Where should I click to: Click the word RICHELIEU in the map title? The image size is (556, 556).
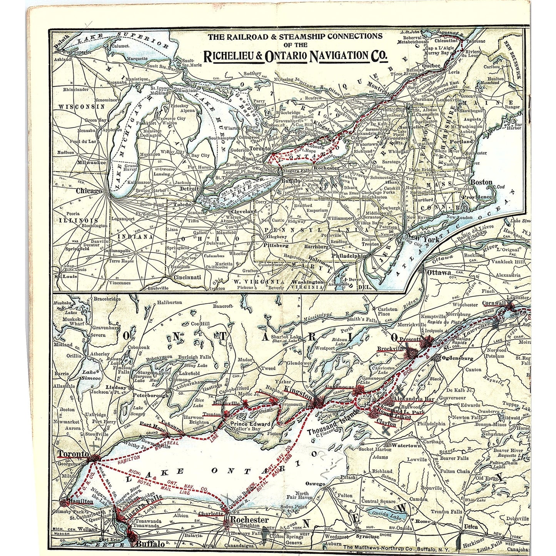tap(232, 56)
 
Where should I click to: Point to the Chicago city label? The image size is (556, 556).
tap(88, 191)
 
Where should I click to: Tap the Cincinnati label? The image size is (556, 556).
tap(187, 277)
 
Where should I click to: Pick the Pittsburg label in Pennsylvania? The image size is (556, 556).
tap(276, 245)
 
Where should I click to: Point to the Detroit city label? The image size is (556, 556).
tap(189, 189)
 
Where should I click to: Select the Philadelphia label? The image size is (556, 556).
tap(349, 255)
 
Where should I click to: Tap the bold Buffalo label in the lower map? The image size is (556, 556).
tap(150, 544)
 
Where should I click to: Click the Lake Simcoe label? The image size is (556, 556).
tap(91, 375)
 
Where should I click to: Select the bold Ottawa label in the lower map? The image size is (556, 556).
tap(439, 272)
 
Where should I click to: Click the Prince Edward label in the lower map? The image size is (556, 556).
tap(250, 424)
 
